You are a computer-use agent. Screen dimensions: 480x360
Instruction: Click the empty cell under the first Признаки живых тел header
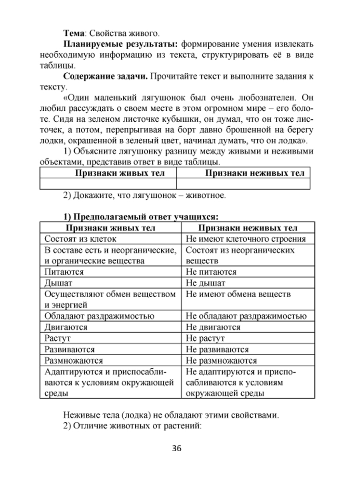pos(108,184)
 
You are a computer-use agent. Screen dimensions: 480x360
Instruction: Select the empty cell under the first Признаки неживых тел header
pos(243,184)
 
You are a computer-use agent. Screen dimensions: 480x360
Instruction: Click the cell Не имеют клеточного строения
pos(246,239)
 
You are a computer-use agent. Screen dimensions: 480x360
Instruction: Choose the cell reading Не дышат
pos(206,283)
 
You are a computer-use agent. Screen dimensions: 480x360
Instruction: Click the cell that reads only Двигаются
pos(66,327)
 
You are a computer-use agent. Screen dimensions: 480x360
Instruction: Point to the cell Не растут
pos(205,338)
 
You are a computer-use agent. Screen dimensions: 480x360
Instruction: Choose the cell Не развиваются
pos(217,350)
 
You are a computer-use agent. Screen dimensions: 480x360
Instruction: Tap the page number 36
pos(177,448)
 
